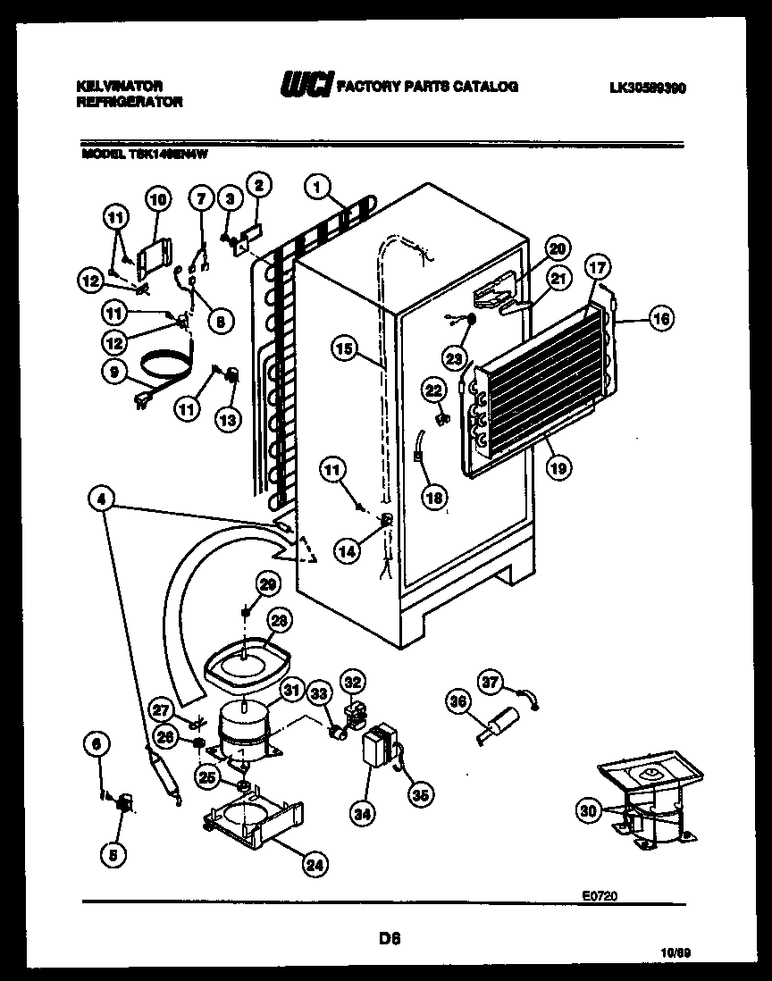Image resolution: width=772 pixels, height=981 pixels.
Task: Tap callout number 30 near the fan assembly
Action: click(586, 810)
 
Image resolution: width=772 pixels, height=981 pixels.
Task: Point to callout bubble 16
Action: click(660, 319)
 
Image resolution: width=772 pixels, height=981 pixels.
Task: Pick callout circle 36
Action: click(457, 702)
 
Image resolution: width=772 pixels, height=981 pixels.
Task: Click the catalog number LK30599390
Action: click(648, 88)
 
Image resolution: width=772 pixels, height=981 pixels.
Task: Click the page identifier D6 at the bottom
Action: click(388, 938)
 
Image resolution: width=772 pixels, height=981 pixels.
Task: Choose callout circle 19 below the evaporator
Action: click(558, 465)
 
